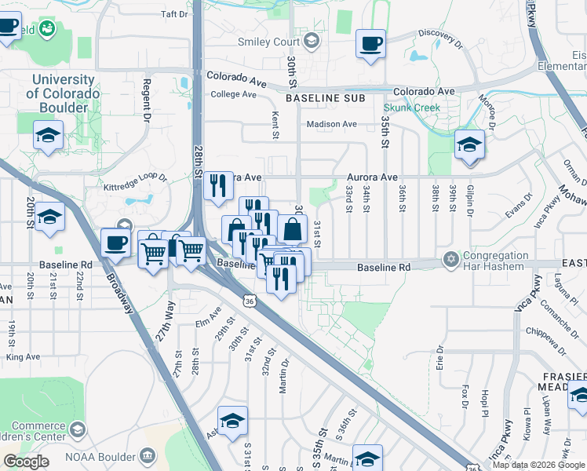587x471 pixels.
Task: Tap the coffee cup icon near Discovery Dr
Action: [x=370, y=44]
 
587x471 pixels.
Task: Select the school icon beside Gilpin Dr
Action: [x=469, y=145]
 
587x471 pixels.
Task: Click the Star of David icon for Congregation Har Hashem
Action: [x=450, y=258]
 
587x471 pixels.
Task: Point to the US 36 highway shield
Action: [x=249, y=301]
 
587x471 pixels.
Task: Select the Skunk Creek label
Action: [x=411, y=107]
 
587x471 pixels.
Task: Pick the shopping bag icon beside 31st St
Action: [x=292, y=230]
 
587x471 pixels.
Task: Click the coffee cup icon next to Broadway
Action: [x=115, y=243]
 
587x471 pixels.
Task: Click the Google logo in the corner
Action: [x=26, y=462]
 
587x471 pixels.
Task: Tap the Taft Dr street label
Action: [x=174, y=14]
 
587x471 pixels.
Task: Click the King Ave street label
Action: [x=22, y=356]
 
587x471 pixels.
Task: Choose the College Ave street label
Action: [x=234, y=94]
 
